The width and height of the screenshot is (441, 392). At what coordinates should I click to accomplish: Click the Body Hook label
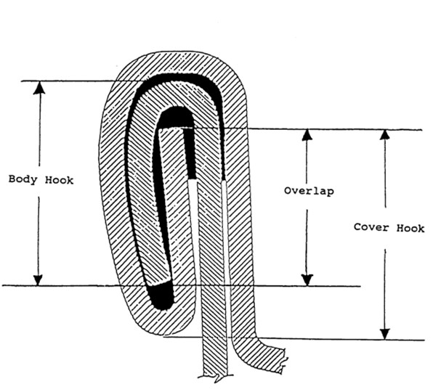coord(41,180)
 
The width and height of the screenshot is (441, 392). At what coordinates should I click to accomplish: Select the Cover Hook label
coord(389,228)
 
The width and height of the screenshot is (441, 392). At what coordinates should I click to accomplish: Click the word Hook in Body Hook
coord(60,180)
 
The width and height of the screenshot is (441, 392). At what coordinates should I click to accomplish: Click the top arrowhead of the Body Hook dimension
coord(39,86)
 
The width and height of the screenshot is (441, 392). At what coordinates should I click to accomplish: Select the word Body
coord(22,180)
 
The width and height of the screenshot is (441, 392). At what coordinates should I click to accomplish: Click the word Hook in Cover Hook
coord(411,228)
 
